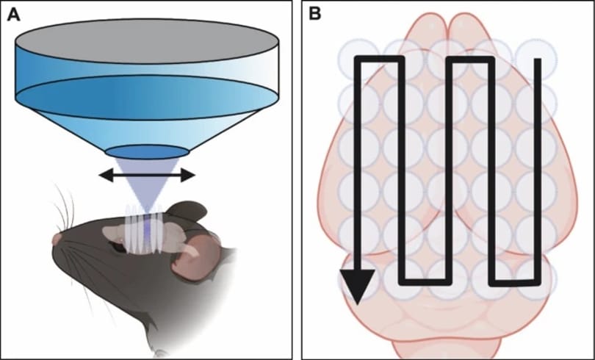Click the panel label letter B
(x=315, y=14)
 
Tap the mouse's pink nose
(x=57, y=240)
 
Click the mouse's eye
(x=119, y=248)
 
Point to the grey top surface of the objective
(x=147, y=41)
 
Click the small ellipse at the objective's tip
(x=147, y=152)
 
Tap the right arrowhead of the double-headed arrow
(x=188, y=176)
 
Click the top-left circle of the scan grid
(x=358, y=59)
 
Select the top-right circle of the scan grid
(x=536, y=59)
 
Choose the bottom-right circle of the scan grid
(x=536, y=280)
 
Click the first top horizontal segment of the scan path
(x=379, y=60)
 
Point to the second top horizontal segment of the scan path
(x=471, y=60)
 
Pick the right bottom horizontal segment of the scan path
(x=515, y=283)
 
